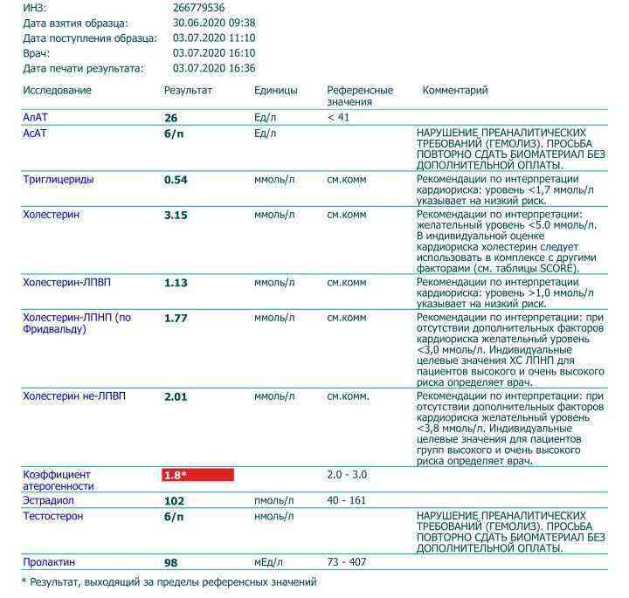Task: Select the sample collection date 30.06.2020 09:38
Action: (214, 23)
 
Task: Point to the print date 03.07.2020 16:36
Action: (214, 68)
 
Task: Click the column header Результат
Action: (188, 91)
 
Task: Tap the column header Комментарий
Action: (455, 91)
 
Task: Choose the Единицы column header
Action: (276, 91)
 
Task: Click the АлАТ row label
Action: (37, 117)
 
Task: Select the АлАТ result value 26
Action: (170, 117)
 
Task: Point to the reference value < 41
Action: (338, 117)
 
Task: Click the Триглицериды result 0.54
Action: (176, 180)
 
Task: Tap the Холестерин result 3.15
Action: (176, 215)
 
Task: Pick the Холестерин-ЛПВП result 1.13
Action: (176, 283)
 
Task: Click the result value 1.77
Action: (176, 318)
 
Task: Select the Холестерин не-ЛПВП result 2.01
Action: (176, 396)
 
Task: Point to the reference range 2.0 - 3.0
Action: (347, 475)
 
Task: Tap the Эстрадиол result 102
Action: (174, 501)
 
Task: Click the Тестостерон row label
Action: (53, 517)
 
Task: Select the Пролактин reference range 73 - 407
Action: (348, 562)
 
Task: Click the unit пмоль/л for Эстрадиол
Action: (274, 501)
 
